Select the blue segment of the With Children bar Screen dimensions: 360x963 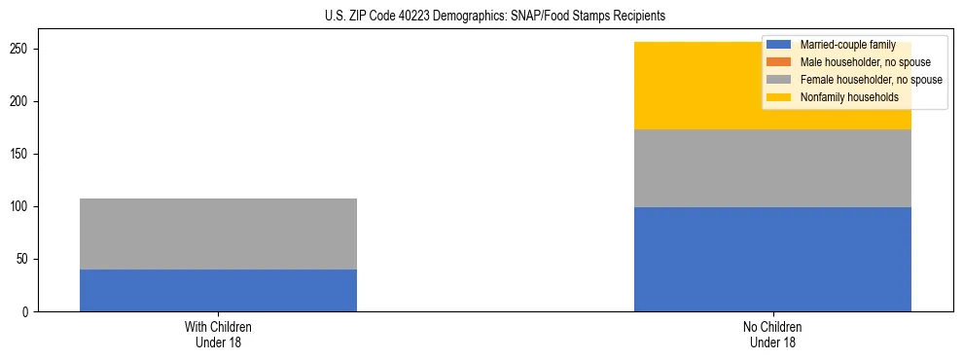[x=218, y=290]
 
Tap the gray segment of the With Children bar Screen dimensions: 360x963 [x=218, y=234]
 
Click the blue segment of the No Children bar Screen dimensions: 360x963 [x=772, y=259]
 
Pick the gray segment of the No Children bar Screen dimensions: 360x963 [x=772, y=168]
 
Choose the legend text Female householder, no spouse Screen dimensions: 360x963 [x=871, y=80]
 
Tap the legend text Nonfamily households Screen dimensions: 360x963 [x=848, y=97]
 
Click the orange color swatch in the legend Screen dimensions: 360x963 [x=779, y=62]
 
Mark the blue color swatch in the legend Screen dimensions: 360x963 [x=779, y=45]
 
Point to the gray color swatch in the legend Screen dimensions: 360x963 [x=779, y=80]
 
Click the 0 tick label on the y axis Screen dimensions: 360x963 [x=27, y=311]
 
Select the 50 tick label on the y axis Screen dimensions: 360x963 [x=24, y=259]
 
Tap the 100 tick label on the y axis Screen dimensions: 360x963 [x=21, y=206]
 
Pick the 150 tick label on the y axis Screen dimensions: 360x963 [x=21, y=154]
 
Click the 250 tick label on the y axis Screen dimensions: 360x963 [x=21, y=49]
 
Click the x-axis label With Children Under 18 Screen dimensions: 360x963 [x=218, y=334]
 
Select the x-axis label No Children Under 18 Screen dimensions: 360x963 [x=772, y=334]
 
